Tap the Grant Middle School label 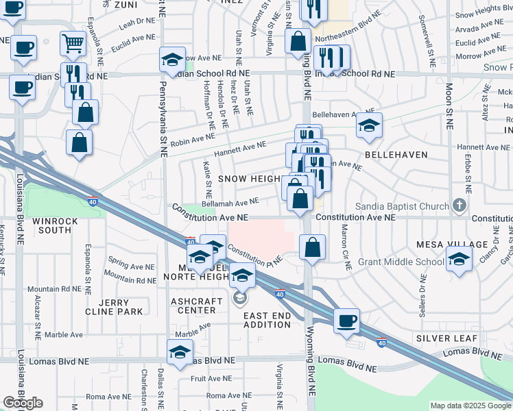click(402, 262)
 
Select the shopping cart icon click(73, 44)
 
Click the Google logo click(23, 403)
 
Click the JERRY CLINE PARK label click(120, 307)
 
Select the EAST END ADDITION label click(267, 320)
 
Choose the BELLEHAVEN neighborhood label click(396, 155)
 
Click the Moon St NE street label click(450, 107)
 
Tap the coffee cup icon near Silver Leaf click(346, 320)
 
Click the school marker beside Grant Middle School click(458, 260)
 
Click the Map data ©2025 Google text click(470, 406)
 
